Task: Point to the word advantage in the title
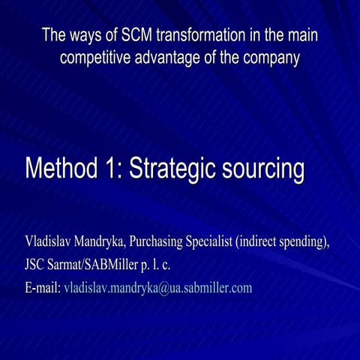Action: (167, 57)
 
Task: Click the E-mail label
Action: (43, 287)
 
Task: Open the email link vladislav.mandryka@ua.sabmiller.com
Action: (158, 288)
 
